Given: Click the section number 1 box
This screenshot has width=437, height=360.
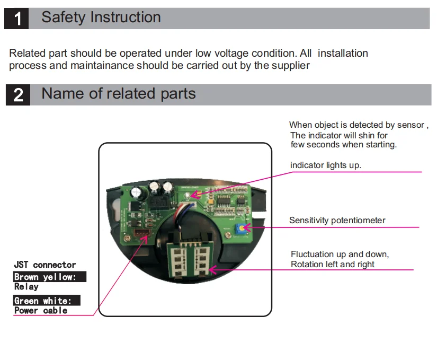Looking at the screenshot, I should tap(18, 19).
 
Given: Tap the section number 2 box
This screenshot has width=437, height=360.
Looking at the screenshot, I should tap(18, 95).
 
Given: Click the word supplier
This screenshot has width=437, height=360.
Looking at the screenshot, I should tap(291, 66).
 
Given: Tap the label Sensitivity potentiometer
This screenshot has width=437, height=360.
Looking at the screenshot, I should tap(337, 220).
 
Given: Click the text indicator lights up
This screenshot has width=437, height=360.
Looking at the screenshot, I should tap(325, 165).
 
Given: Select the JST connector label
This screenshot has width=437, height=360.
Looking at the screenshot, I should tap(45, 265).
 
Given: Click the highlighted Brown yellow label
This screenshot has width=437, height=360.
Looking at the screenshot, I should tap(49, 277).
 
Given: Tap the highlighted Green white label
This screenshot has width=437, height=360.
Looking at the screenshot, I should tap(46, 301).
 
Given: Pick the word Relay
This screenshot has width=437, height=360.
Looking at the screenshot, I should tap(26, 287).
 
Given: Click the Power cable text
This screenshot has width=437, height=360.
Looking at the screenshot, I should tap(41, 311).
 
